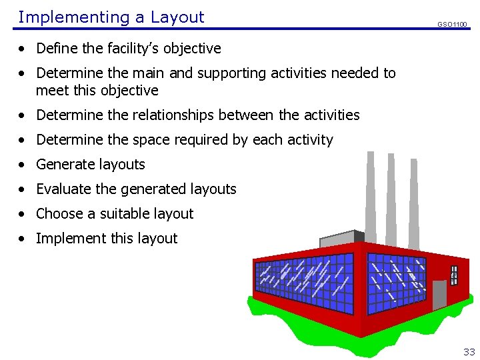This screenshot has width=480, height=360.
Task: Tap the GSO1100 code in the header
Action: coord(452,25)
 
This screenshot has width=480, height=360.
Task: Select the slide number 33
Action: coord(469,351)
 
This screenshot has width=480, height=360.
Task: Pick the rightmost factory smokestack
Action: coord(414,200)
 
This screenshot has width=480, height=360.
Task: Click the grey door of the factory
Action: coord(439,295)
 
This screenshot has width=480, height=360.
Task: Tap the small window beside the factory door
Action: coord(454,274)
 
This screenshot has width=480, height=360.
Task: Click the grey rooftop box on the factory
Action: coord(340,238)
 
